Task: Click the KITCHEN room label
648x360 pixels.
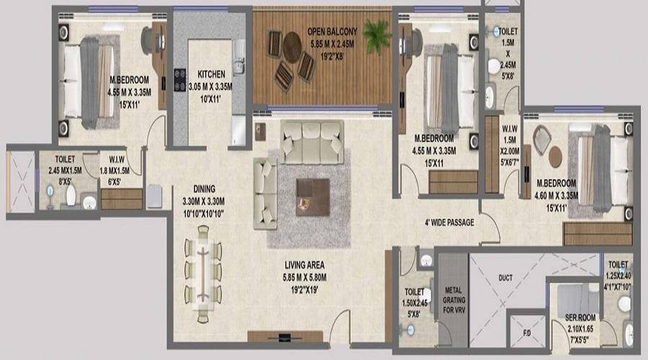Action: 211,74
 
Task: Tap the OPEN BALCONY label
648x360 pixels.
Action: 332,32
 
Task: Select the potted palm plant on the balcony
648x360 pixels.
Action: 377,36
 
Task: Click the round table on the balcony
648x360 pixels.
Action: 292,47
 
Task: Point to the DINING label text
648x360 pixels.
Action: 204,189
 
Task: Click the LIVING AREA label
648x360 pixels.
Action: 305,265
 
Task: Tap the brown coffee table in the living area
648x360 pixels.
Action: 313,197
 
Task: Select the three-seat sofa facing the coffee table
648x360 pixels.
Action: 312,142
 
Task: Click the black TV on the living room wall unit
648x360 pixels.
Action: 284,338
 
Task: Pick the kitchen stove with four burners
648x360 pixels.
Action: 180,80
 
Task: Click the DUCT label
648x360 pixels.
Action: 505,278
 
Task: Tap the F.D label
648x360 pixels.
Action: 527,333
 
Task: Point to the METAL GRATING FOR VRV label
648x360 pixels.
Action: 454,300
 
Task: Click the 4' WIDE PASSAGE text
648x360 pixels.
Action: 449,222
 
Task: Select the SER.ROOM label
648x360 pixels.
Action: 580,318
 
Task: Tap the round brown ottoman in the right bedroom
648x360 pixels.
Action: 555,156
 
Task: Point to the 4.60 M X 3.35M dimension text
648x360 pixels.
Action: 557,196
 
